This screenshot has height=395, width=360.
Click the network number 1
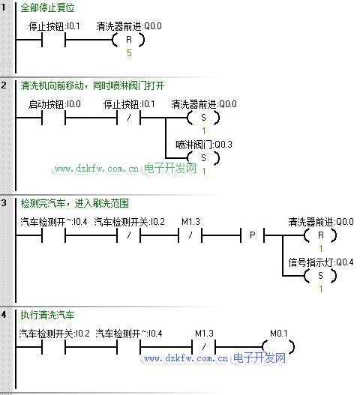(3, 7)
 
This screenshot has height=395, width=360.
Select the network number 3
(4, 203)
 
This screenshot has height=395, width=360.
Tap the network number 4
(4, 314)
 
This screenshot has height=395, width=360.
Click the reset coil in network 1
(128, 40)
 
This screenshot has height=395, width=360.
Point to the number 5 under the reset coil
(129, 53)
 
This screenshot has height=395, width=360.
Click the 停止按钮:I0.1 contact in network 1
(54, 40)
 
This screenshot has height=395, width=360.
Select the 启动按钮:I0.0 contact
(54, 118)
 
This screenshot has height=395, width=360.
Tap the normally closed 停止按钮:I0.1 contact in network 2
(128, 118)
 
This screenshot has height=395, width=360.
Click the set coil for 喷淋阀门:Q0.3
(203, 158)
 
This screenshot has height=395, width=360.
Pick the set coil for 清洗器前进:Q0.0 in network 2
(203, 118)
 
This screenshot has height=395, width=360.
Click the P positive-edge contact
(252, 235)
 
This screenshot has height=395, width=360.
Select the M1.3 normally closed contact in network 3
(190, 235)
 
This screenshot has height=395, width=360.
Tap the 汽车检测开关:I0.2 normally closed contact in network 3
(128, 235)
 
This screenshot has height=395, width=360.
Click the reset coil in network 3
(320, 235)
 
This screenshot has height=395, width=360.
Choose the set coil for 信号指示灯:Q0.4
(320, 276)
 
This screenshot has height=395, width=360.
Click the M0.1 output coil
(278, 347)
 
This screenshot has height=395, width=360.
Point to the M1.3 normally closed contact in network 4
(204, 347)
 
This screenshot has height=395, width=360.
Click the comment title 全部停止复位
(47, 7)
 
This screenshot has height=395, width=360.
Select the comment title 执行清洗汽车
(47, 315)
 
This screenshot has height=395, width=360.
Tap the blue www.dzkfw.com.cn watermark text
(186, 358)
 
